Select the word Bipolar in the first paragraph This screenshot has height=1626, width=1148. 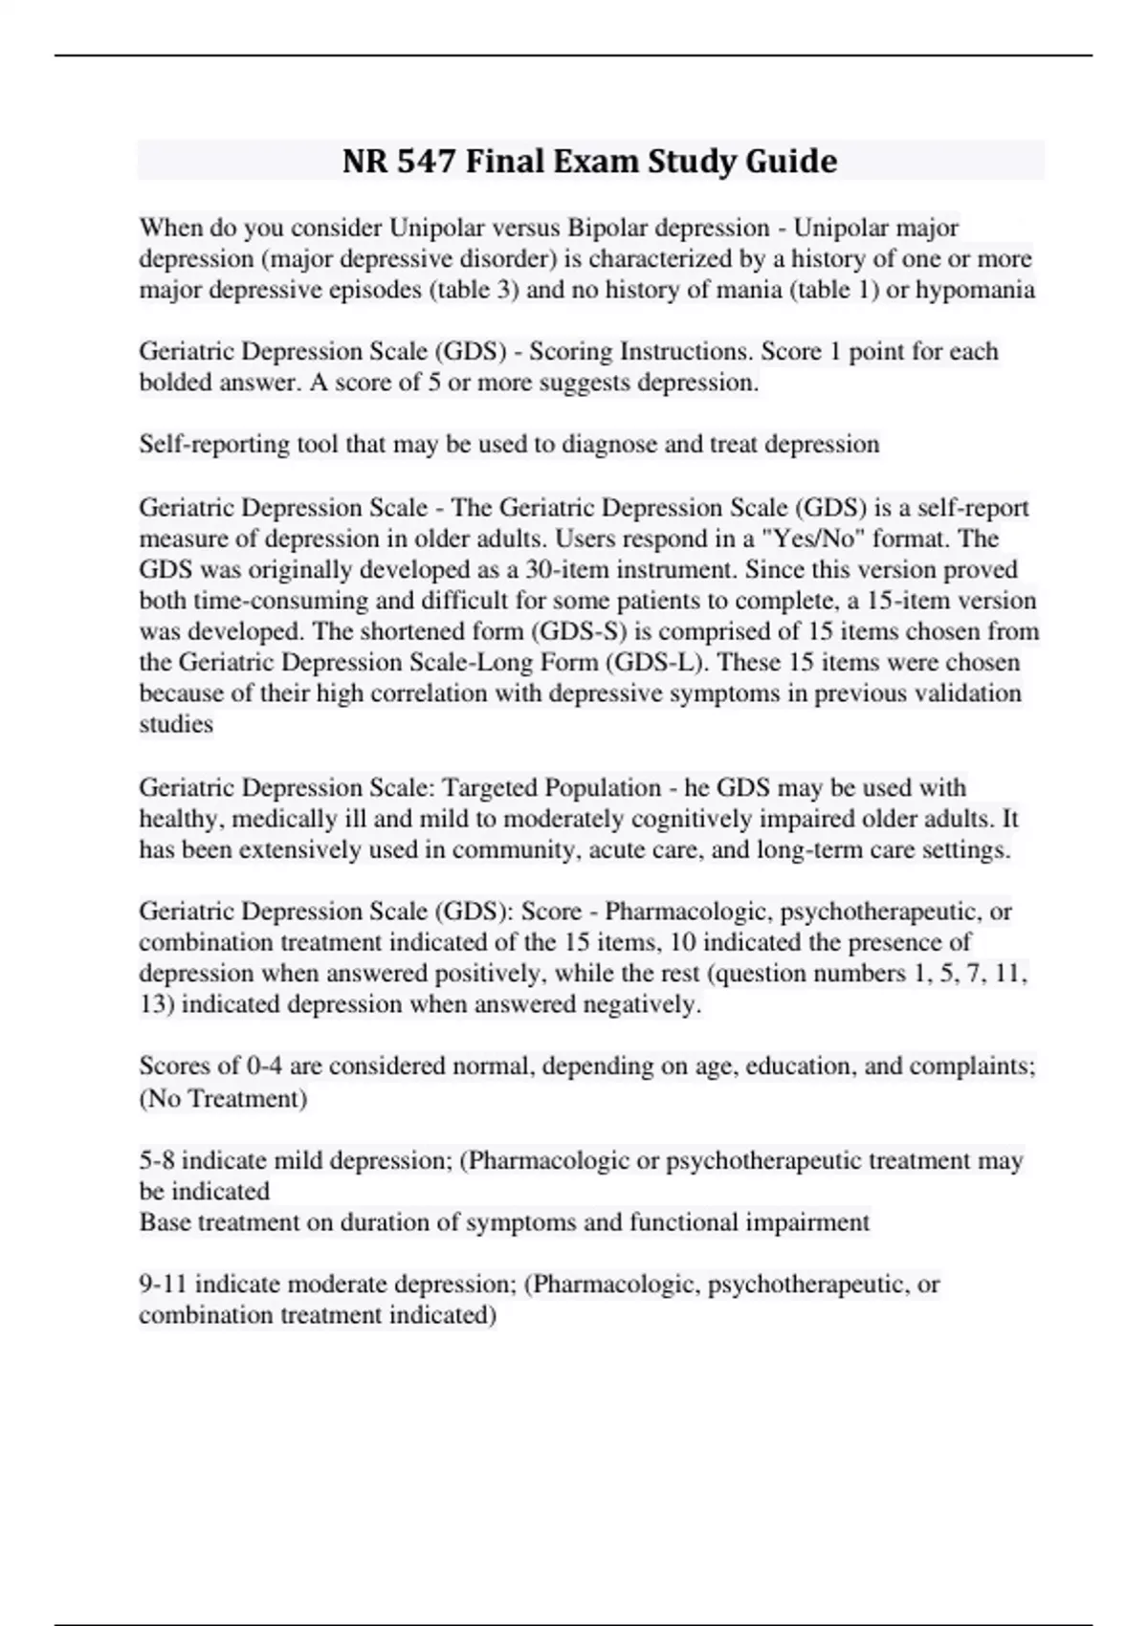pyautogui.click(x=610, y=229)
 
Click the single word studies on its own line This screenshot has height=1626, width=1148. pyautogui.click(x=176, y=725)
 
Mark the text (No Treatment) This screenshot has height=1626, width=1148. pyautogui.click(x=223, y=1099)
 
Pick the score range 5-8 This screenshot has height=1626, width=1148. pyautogui.click(x=157, y=1161)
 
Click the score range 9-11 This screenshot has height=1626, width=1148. pyautogui.click(x=164, y=1285)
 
